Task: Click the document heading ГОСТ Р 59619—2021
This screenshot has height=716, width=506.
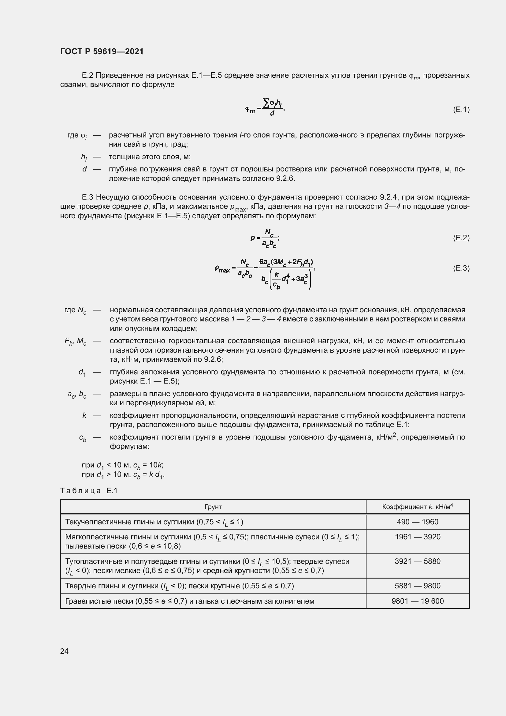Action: point(102,51)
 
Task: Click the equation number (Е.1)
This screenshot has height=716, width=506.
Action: point(461,110)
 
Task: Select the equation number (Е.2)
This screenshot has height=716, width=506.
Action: point(461,238)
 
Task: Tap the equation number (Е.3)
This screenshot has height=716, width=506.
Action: point(461,268)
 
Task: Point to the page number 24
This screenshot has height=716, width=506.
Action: point(64,651)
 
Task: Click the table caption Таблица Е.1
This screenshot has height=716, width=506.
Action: point(89,490)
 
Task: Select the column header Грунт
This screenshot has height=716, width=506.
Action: point(213,507)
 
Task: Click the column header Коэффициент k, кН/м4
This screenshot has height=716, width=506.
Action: point(417,507)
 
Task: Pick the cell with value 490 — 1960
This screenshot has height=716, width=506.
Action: point(417,522)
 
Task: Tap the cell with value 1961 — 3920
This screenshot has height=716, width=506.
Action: point(417,537)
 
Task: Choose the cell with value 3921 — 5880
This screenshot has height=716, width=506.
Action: point(417,561)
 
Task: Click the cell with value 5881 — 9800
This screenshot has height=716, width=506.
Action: point(417,586)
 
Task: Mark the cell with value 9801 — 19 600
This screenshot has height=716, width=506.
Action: point(417,601)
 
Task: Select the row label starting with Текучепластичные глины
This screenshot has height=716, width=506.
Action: point(154,522)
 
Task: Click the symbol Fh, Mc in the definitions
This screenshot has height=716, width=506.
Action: point(75,342)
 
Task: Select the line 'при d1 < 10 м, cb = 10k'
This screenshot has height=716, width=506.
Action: point(122,465)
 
